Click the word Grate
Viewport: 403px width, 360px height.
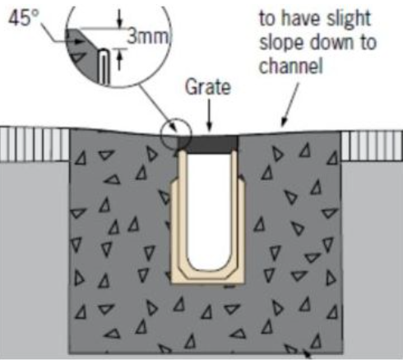[208, 87]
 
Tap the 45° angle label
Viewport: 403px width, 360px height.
[24, 18]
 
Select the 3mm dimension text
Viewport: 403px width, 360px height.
[148, 36]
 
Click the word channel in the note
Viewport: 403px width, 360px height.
[291, 66]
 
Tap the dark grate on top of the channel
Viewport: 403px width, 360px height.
[208, 144]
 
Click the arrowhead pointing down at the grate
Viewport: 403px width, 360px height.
[209, 127]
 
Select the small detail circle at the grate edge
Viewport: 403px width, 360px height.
[176, 134]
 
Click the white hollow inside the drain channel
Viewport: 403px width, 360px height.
[209, 211]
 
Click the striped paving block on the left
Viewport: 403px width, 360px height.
[35, 145]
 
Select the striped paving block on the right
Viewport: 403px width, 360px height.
[372, 145]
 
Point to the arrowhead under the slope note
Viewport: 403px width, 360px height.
[284, 122]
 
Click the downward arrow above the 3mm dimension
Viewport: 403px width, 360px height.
[119, 19]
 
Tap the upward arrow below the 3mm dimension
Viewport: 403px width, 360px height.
[119, 60]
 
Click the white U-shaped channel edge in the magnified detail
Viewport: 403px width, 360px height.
[104, 67]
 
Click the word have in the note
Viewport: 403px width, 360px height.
[302, 19]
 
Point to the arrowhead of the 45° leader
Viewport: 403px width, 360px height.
[80, 42]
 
